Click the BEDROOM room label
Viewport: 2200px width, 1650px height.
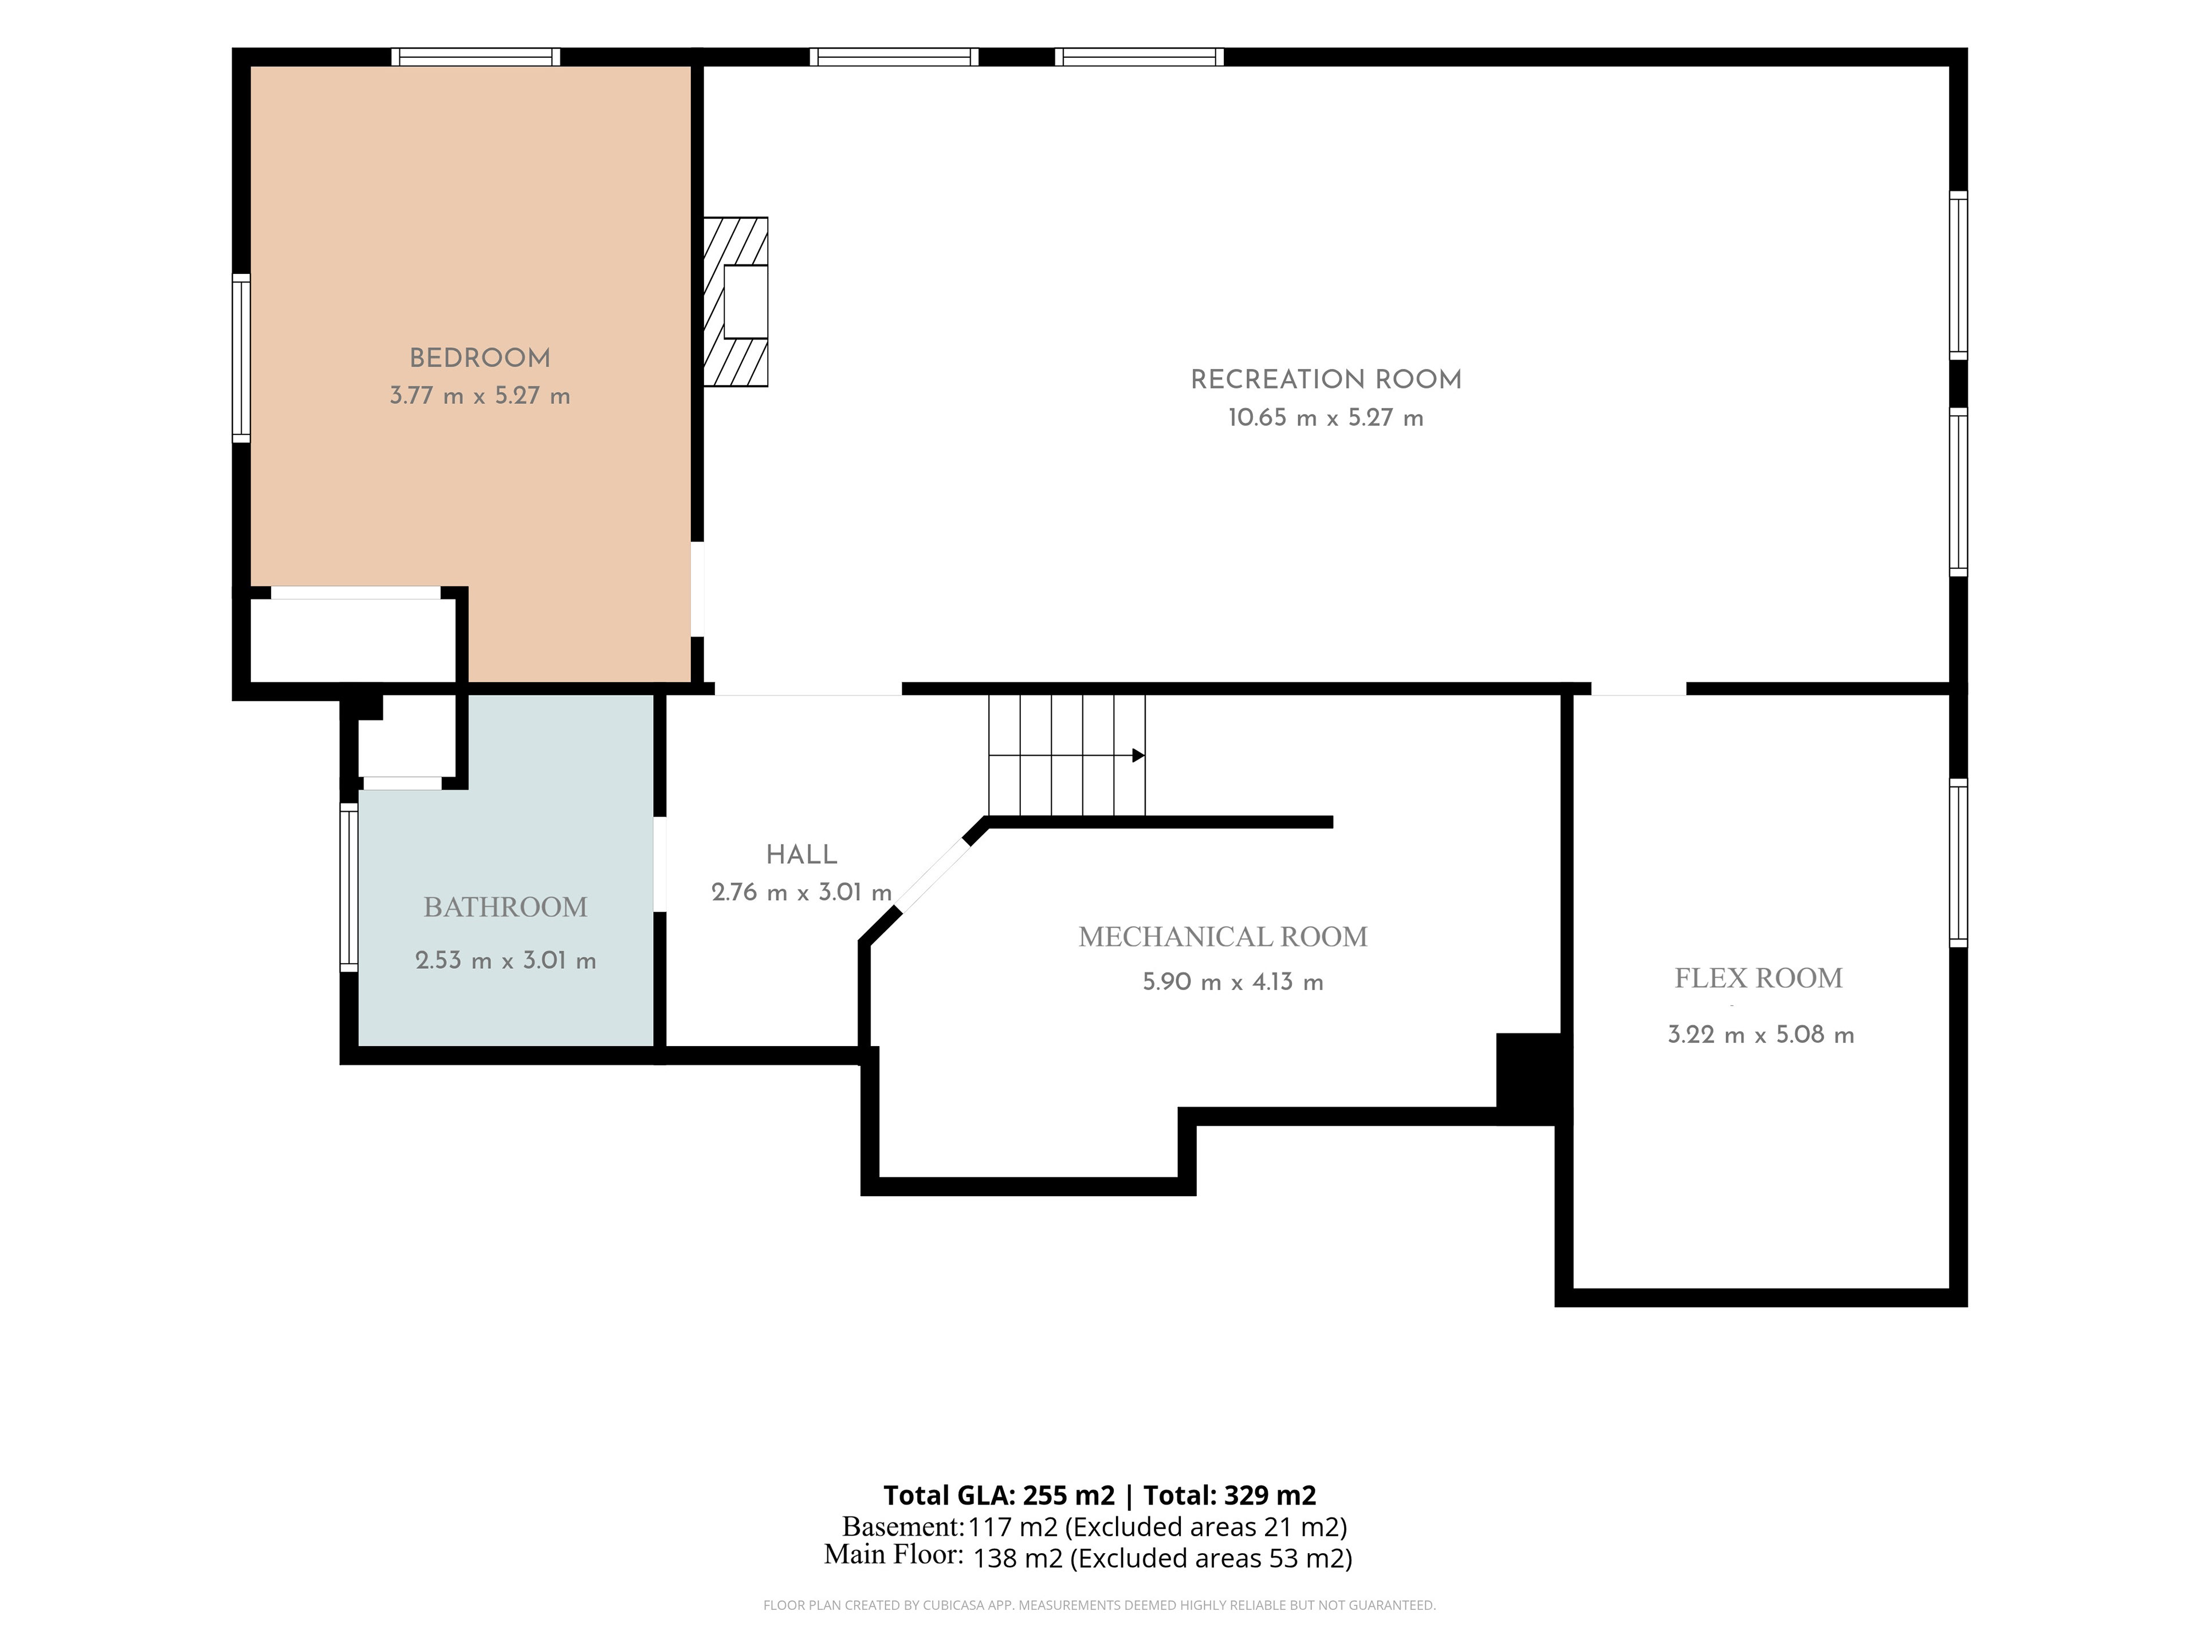[x=480, y=358]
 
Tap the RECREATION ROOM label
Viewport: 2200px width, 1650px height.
[x=1326, y=380]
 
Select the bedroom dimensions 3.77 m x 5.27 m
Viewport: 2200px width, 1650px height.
[x=480, y=396]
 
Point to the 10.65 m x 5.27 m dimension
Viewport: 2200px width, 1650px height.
[x=1326, y=418]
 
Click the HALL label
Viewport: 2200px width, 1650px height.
[x=802, y=854]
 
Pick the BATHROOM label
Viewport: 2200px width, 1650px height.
[x=505, y=907]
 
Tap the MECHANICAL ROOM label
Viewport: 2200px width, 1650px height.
[x=1223, y=937]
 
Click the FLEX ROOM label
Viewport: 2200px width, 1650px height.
[x=1758, y=979]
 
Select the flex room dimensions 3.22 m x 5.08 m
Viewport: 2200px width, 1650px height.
[x=1761, y=1034]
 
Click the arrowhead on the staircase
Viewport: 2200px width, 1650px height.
[x=1139, y=756]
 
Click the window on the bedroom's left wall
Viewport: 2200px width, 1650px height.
[x=241, y=358]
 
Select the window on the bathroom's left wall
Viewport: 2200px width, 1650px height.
[x=349, y=887]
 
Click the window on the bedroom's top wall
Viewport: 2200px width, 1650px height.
[x=476, y=57]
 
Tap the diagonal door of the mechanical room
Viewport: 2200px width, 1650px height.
[x=932, y=874]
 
